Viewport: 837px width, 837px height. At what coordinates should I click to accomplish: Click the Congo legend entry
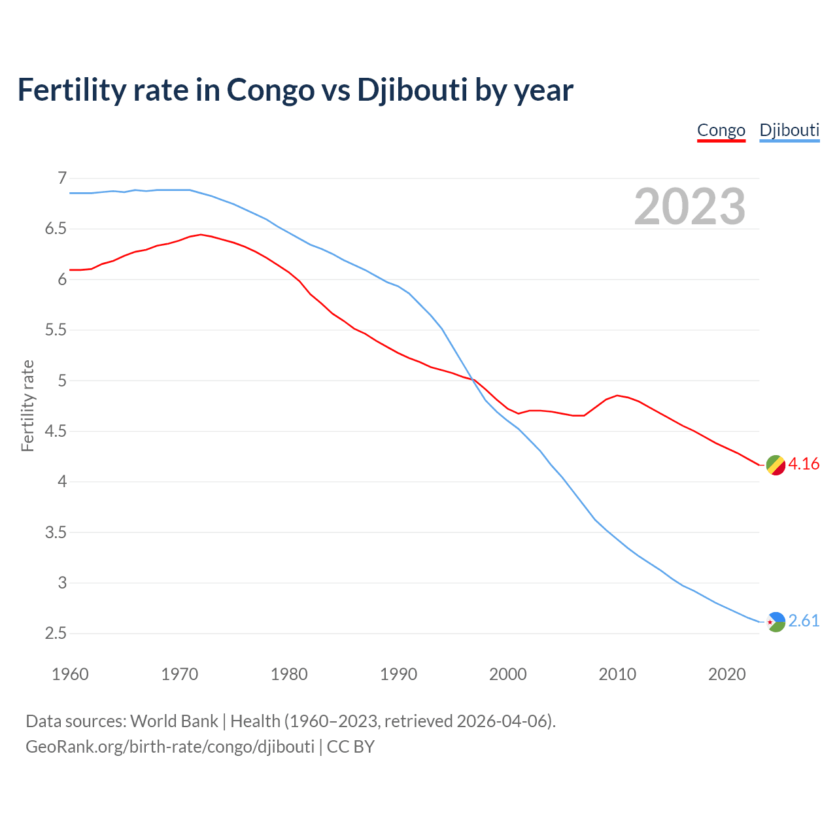[721, 130]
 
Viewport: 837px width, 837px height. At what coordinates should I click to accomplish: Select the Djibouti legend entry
[789, 130]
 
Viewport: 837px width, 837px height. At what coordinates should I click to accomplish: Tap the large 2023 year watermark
[690, 207]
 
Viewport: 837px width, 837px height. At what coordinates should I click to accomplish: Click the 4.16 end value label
[804, 464]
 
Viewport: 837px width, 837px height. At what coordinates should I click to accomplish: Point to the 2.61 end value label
[804, 621]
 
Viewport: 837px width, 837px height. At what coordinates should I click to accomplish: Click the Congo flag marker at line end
[776, 465]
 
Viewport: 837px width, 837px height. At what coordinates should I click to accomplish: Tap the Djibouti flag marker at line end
[776, 622]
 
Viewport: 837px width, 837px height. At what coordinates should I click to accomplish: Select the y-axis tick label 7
[62, 179]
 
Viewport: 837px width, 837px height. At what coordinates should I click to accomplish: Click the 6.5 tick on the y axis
[56, 229]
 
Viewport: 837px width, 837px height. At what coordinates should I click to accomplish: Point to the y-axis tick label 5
[62, 381]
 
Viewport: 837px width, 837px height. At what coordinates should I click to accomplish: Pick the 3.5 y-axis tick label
[56, 532]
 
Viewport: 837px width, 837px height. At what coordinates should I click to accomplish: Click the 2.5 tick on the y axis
[56, 634]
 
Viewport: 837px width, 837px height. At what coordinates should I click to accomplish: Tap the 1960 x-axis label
[70, 674]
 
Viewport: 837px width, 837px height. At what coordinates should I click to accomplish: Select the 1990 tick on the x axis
[398, 674]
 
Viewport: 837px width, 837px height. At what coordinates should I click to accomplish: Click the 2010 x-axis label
[617, 674]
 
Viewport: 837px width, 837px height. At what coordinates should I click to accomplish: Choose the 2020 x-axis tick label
[726, 674]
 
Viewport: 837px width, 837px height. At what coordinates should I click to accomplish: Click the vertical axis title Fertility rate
[27, 405]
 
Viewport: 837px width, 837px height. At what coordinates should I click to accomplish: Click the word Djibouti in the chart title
[412, 90]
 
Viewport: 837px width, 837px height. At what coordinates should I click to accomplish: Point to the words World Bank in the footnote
[174, 721]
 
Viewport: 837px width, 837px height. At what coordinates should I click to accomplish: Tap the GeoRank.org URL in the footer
[170, 747]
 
